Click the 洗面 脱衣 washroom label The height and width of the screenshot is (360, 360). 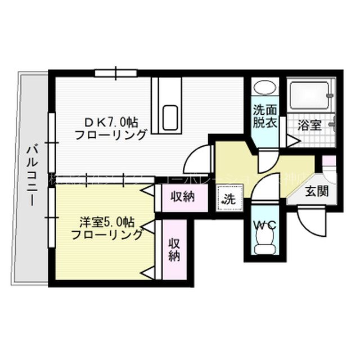(264, 116)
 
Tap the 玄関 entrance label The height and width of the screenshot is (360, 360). (316, 191)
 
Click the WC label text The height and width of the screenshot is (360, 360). (264, 225)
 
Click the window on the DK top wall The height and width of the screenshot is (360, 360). (116, 73)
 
